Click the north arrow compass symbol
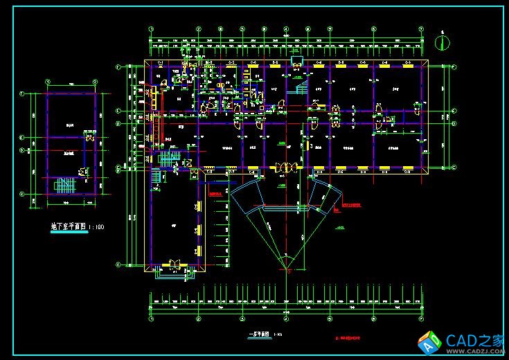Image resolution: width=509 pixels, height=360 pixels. coord(441,42)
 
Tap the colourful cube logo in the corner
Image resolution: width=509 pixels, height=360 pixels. coord(430,341)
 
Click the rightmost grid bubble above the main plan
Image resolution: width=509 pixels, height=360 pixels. coord(420,29)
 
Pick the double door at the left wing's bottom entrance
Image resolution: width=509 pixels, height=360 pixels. coord(173,264)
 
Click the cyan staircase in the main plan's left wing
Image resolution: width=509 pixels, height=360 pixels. coord(167,160)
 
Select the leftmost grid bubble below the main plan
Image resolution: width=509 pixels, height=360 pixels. coord(151,320)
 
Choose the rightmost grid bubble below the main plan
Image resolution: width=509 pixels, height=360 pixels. coord(421,320)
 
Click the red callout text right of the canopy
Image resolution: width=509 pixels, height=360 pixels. coord(353,205)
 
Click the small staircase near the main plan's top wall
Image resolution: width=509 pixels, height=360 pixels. coord(301,87)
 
